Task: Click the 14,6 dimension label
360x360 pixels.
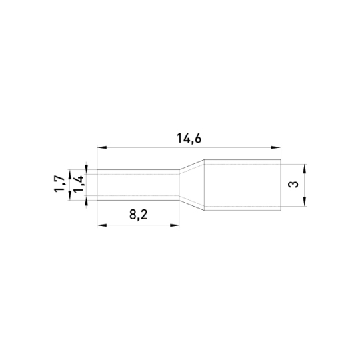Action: [x=189, y=139]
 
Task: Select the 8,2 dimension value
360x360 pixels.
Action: [x=138, y=215]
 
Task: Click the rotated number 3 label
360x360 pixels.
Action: [x=293, y=185]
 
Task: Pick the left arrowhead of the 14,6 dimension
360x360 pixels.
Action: [x=102, y=147]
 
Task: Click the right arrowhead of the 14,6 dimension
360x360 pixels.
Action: [x=276, y=147]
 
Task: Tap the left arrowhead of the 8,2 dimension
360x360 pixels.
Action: [x=102, y=225]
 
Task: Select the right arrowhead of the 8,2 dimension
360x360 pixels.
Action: [x=175, y=225]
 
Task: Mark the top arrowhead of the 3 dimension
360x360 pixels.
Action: [x=305, y=169]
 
